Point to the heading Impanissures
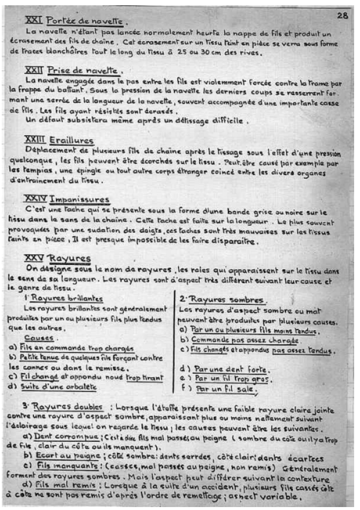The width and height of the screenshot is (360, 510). click(x=83, y=199)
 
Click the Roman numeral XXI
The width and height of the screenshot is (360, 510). click(x=34, y=21)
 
